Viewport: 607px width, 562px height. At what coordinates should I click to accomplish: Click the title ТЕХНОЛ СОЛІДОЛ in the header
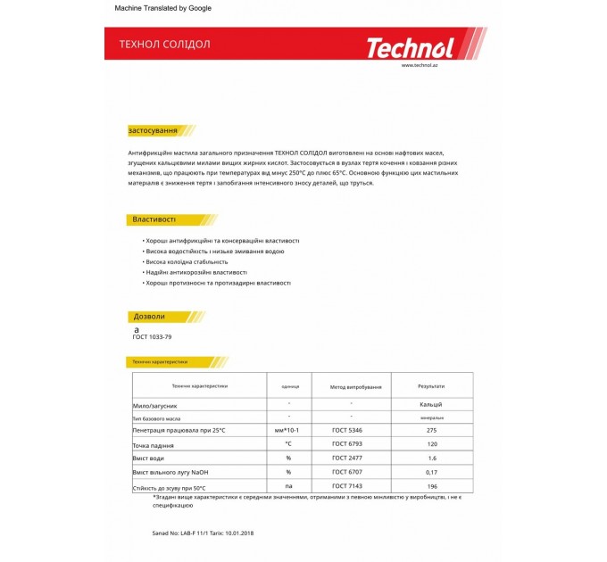tap(165, 44)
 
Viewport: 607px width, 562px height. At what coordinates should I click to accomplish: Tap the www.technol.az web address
tap(418, 65)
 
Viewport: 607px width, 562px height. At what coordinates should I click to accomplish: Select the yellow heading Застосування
tap(153, 130)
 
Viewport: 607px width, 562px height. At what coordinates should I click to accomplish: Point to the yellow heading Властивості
tap(154, 219)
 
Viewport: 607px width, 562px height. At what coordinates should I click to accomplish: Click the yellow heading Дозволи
tap(149, 317)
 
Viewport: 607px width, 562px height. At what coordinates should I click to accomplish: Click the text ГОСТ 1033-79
tap(153, 337)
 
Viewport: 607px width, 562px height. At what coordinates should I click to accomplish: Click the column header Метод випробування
tap(355, 387)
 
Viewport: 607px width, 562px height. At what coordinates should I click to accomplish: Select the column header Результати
tap(431, 386)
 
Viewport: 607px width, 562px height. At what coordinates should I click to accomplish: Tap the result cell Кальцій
tap(431, 404)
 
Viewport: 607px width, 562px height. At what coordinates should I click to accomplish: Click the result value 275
tap(431, 430)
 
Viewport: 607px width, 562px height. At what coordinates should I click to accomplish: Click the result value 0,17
tap(431, 471)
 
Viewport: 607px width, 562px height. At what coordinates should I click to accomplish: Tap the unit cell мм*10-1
tap(289, 430)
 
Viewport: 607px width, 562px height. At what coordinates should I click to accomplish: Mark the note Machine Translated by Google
tap(163, 8)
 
